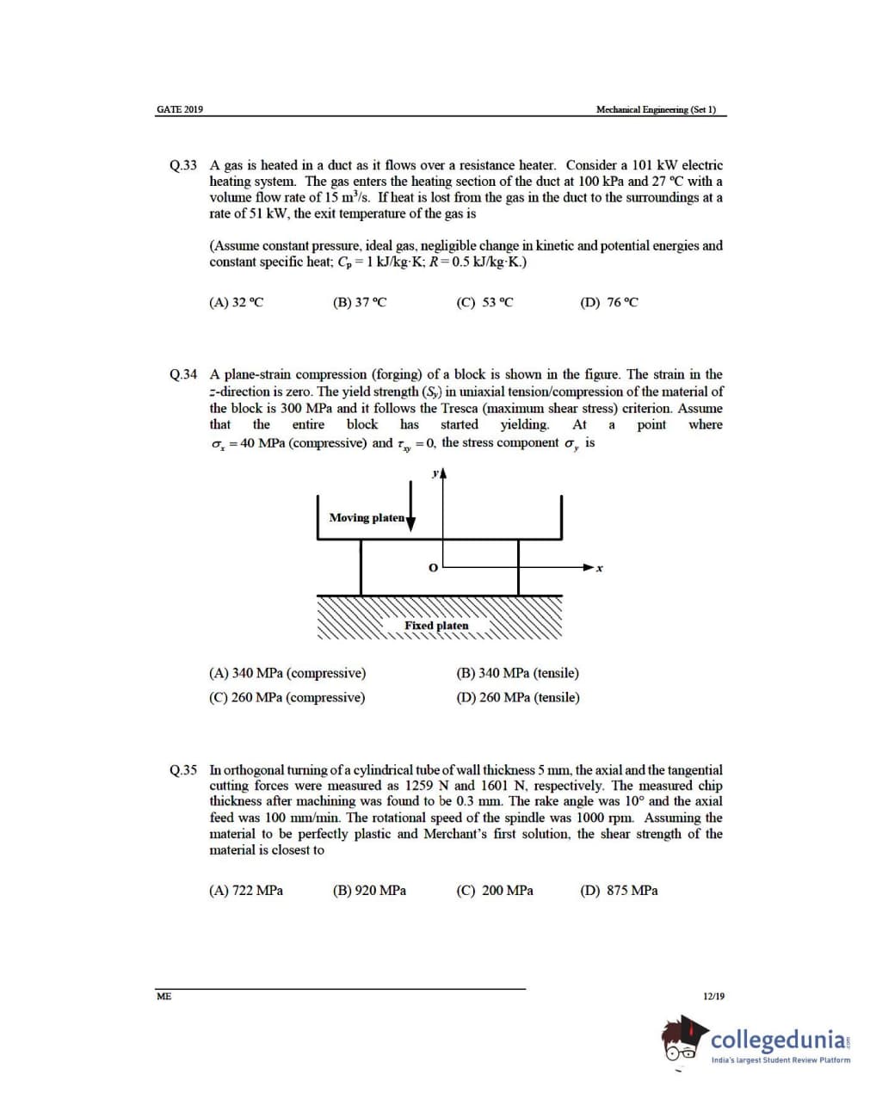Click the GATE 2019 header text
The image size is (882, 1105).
coord(180,109)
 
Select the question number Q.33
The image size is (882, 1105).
coord(183,165)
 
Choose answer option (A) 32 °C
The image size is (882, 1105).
coord(236,302)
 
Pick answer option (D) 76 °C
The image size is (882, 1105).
coord(609,302)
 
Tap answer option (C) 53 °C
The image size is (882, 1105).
coord(484,302)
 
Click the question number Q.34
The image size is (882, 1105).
coord(183,374)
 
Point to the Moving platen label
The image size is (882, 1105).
coord(367,517)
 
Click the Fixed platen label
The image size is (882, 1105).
coord(436,626)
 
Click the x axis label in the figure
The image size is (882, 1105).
coord(600,569)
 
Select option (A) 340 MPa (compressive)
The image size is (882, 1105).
coord(287,673)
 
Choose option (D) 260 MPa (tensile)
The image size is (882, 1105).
coord(518,697)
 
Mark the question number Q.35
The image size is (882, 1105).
coord(183,770)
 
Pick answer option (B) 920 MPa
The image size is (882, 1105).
coord(369,891)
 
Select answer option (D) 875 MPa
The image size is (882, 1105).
coord(619,891)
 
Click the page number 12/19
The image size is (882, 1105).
coord(713,997)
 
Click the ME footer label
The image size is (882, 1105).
coord(163,997)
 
